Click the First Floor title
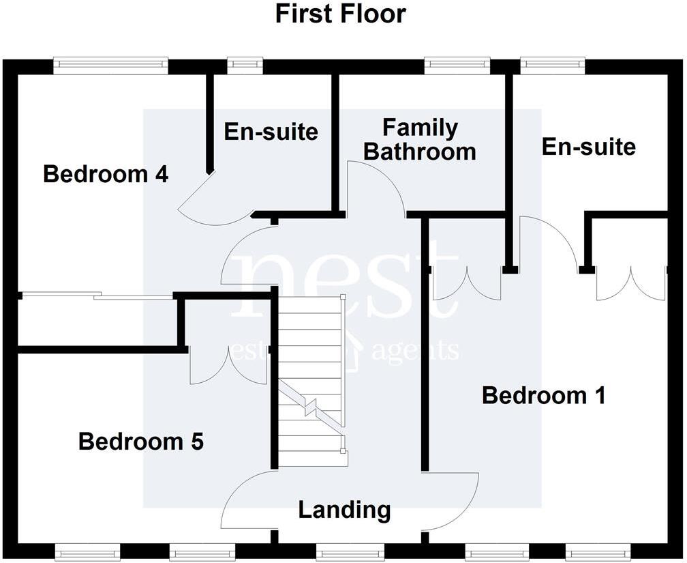pyautogui.click(x=340, y=14)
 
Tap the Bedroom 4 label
pyautogui.click(x=106, y=174)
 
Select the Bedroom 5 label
pyautogui.click(x=141, y=442)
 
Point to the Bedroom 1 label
pyautogui.click(x=543, y=395)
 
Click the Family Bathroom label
pyautogui.click(x=419, y=140)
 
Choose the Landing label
pyautogui.click(x=344, y=510)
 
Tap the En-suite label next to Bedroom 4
pyautogui.click(x=271, y=131)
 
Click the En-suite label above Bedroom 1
pyautogui.click(x=588, y=146)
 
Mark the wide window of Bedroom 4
pyautogui.click(x=110, y=66)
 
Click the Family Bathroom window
pyautogui.click(x=457, y=66)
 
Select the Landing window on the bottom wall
pyautogui.click(x=348, y=551)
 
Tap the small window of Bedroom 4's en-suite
pyautogui.click(x=240, y=66)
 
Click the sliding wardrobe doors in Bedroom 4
pyautogui.click(x=95, y=295)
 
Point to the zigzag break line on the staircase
pyautogui.click(x=310, y=405)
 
